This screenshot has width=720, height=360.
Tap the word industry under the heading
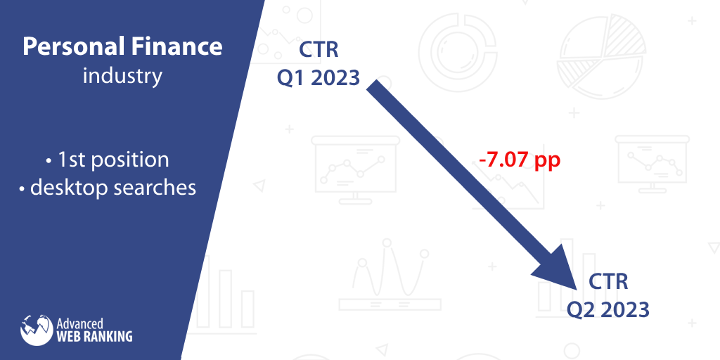pyautogui.click(x=122, y=75)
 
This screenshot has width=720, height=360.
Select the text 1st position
pyautogui.click(x=113, y=160)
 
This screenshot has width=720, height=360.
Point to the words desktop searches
pyautogui.click(x=113, y=187)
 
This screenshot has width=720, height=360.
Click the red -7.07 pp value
pyautogui.click(x=520, y=160)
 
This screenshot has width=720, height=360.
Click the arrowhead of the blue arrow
pyautogui.click(x=558, y=267)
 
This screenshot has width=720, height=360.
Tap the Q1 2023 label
pyautogui.click(x=319, y=77)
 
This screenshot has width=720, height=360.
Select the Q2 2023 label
pyautogui.click(x=608, y=309)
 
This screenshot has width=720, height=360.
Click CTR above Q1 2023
pyautogui.click(x=319, y=50)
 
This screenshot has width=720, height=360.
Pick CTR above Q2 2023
pyautogui.click(x=608, y=282)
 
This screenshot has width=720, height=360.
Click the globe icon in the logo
pyautogui.click(x=37, y=330)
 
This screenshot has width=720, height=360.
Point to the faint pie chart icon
pyautogui.click(x=602, y=56)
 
